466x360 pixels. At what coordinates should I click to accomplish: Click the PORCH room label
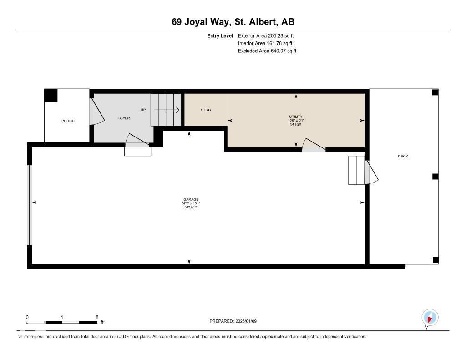click(68, 121)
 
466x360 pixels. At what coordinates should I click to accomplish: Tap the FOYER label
click(124, 118)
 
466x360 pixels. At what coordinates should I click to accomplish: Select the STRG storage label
click(206, 110)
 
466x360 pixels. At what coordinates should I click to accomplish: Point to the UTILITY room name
click(296, 117)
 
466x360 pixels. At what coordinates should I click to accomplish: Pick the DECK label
click(403, 156)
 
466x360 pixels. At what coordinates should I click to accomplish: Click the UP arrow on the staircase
click(167, 110)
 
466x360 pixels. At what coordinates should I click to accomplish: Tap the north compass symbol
click(430, 317)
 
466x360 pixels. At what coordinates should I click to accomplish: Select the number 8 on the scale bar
click(97, 317)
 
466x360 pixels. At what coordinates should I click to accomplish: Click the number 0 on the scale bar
click(27, 317)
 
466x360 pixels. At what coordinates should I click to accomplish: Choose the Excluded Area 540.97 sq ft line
click(267, 51)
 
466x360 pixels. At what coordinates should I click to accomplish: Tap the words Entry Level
click(220, 35)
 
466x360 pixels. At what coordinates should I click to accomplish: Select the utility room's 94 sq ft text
click(296, 124)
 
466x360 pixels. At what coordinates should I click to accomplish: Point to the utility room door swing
click(313, 144)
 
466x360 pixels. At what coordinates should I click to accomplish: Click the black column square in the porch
click(51, 96)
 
